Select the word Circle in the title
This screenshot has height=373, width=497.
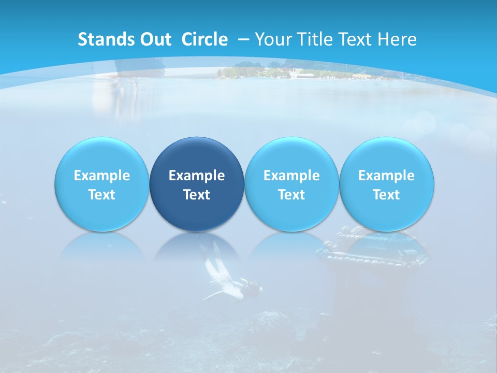point(204,39)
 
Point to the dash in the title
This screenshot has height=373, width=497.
point(243,39)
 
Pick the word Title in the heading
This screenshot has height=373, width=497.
point(317,39)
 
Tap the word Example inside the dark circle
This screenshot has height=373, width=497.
point(197,176)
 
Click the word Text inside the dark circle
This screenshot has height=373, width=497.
point(197,195)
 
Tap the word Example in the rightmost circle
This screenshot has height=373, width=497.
point(387,176)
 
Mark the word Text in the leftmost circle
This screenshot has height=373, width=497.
point(101,195)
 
